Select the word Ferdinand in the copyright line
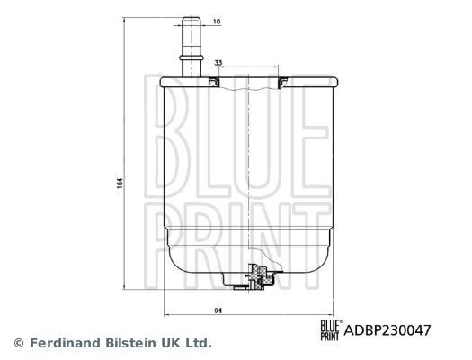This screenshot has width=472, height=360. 63,343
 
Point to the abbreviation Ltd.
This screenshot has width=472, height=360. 199,343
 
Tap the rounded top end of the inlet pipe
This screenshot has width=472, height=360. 193,15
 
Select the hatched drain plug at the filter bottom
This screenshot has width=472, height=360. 260,274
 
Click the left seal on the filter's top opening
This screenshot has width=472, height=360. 213,84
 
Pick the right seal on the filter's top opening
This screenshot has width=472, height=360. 282,84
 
